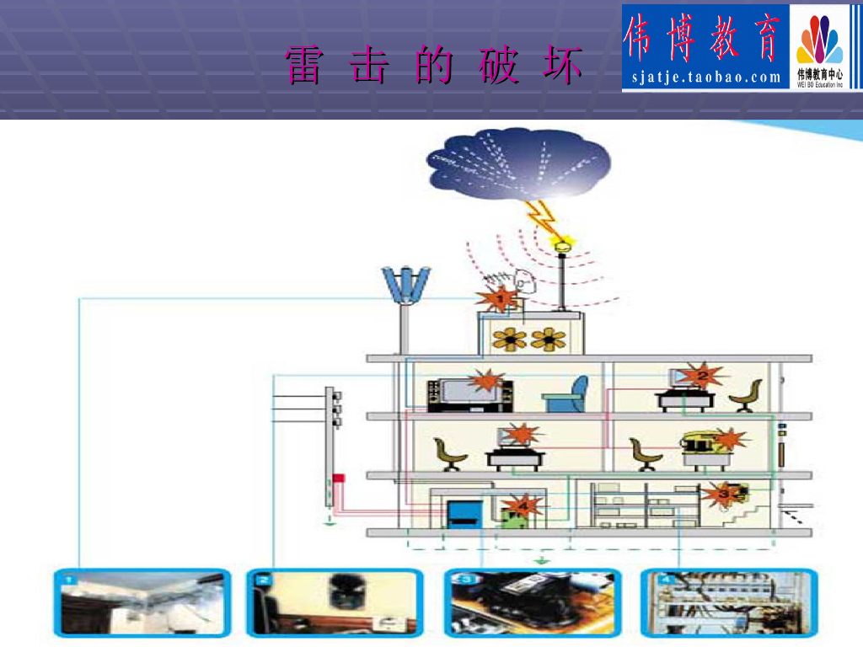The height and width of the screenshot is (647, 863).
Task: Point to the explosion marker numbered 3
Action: (x=721, y=494)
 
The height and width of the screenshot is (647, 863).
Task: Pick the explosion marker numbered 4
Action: (x=523, y=506)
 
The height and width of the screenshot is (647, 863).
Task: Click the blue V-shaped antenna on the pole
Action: (x=406, y=285)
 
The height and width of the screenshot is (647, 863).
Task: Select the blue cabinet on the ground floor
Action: (x=463, y=514)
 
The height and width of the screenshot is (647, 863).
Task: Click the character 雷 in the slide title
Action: (x=303, y=67)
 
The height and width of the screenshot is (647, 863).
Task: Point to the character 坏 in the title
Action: (x=563, y=67)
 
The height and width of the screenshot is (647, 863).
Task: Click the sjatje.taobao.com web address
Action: (x=706, y=78)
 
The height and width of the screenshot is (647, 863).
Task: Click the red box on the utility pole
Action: (x=338, y=479)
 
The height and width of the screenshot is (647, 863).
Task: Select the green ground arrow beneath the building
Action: (x=544, y=559)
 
